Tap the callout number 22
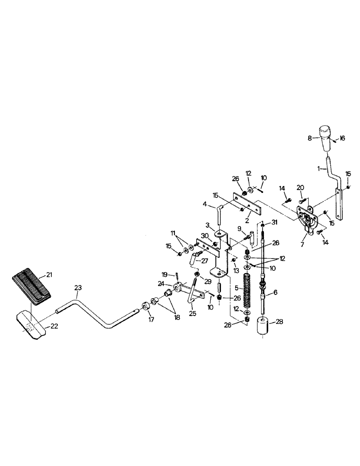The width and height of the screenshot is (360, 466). pyautogui.click(x=54, y=326)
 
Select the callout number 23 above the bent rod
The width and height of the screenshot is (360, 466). pyautogui.click(x=77, y=288)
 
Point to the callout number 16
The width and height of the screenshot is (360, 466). pyautogui.click(x=342, y=138)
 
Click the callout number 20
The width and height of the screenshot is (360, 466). pyautogui.click(x=300, y=187)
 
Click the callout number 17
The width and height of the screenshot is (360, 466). pyautogui.click(x=151, y=320)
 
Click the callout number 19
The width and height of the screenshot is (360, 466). pyautogui.click(x=164, y=274)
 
